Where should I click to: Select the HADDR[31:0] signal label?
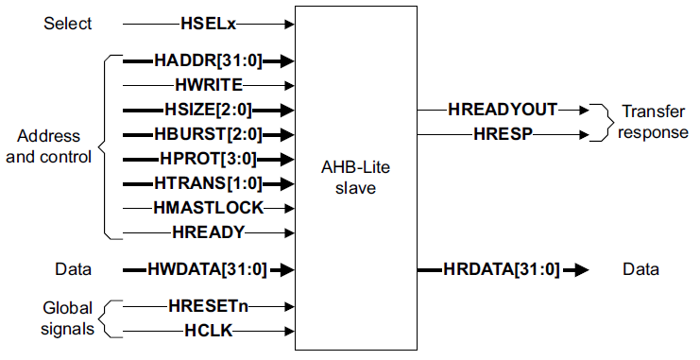tap(208, 60)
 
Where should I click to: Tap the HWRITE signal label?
tap(210, 85)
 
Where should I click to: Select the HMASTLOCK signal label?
tap(209, 207)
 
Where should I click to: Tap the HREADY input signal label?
tap(209, 231)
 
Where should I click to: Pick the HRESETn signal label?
tap(209, 306)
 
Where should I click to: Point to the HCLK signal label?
tap(209, 331)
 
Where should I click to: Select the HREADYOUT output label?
tap(504, 110)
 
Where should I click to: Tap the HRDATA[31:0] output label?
tap(502, 270)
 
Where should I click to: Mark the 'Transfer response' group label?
tap(654, 122)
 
